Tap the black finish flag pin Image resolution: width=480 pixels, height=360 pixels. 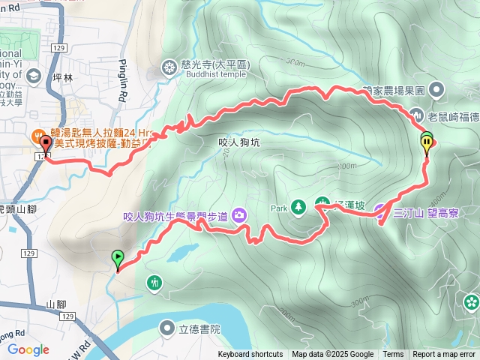pos(46,144)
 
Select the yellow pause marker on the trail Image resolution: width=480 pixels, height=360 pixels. pos(427,145)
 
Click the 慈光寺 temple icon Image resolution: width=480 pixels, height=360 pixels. pos(168,69)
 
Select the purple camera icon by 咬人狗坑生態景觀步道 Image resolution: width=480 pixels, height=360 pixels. pos(239,215)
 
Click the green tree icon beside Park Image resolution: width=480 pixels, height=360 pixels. pos(298,204)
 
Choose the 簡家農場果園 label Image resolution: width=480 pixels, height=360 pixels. pos(394,90)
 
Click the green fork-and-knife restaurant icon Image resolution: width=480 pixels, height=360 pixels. pos(154,283)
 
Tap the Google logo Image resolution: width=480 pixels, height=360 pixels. pos(28,349)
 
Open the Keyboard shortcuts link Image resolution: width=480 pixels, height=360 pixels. pos(250,355)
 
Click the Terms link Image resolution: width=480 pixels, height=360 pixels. pos(393,355)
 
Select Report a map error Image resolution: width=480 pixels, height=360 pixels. pos(444,355)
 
